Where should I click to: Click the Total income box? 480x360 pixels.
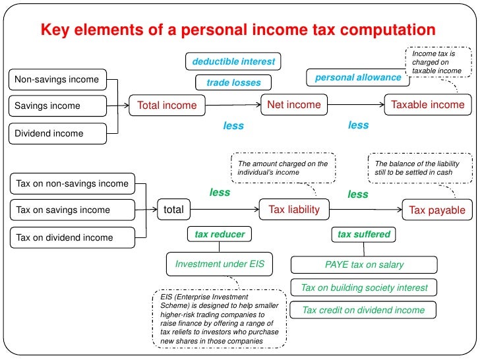click(x=167, y=105)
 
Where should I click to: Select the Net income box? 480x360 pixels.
click(x=294, y=104)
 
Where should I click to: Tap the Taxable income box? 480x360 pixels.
click(x=428, y=104)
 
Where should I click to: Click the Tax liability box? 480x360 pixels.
click(x=294, y=210)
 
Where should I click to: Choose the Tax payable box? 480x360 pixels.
click(x=437, y=210)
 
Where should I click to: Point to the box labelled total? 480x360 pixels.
click(x=173, y=210)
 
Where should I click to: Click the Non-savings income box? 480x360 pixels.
click(x=57, y=80)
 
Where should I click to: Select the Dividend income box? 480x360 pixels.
click(x=57, y=133)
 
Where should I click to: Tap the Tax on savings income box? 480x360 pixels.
click(x=73, y=210)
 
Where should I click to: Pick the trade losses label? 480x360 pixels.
click(x=233, y=82)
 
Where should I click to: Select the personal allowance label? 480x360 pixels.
click(x=358, y=77)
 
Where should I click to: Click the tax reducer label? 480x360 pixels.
click(x=220, y=234)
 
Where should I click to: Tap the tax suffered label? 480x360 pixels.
click(x=364, y=234)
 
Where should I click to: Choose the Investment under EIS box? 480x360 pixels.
click(x=220, y=264)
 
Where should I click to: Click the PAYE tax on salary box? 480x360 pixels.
click(x=364, y=264)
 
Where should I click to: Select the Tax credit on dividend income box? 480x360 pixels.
click(x=364, y=310)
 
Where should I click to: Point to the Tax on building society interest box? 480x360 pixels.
click(x=364, y=287)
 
